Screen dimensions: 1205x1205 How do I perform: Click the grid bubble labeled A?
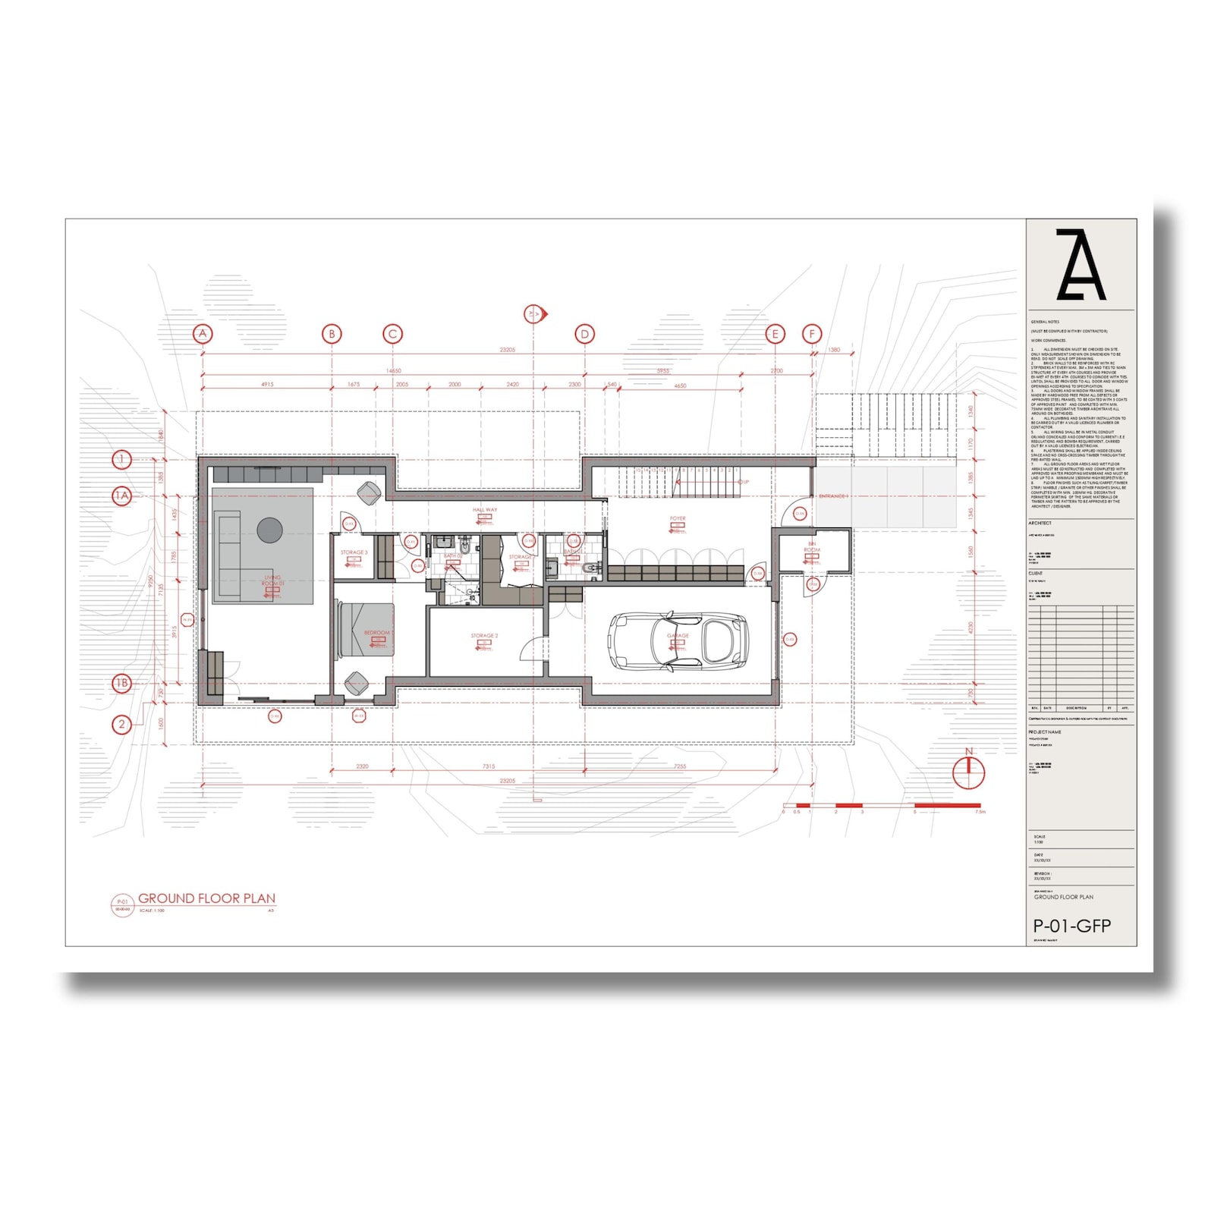tap(202, 334)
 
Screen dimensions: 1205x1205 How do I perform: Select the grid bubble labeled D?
tap(584, 334)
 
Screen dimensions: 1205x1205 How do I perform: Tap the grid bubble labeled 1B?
tap(122, 684)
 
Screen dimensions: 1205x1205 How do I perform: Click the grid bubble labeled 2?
tap(121, 725)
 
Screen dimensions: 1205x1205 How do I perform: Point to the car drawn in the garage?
tap(678, 642)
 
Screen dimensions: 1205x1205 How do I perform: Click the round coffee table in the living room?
tap(269, 530)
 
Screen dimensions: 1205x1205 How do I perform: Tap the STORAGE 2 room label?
tap(484, 636)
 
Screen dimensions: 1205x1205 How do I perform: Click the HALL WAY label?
tap(485, 510)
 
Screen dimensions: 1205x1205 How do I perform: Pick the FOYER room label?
tap(678, 519)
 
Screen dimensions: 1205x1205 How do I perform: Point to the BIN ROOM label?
tap(812, 547)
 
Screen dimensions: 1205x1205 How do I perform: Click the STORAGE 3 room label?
tap(354, 552)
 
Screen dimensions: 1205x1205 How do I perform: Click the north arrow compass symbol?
tap(969, 770)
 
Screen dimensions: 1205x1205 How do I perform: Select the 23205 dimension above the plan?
tap(507, 350)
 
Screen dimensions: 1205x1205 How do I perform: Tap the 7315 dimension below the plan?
tap(489, 766)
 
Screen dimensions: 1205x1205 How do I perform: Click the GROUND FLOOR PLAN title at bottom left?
tap(206, 898)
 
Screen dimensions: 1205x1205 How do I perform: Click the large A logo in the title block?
tap(1081, 265)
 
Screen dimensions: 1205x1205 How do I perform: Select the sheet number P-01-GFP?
tap(1072, 927)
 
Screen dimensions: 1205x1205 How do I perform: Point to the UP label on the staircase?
tap(745, 482)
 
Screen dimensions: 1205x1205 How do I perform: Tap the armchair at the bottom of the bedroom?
tap(357, 682)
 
